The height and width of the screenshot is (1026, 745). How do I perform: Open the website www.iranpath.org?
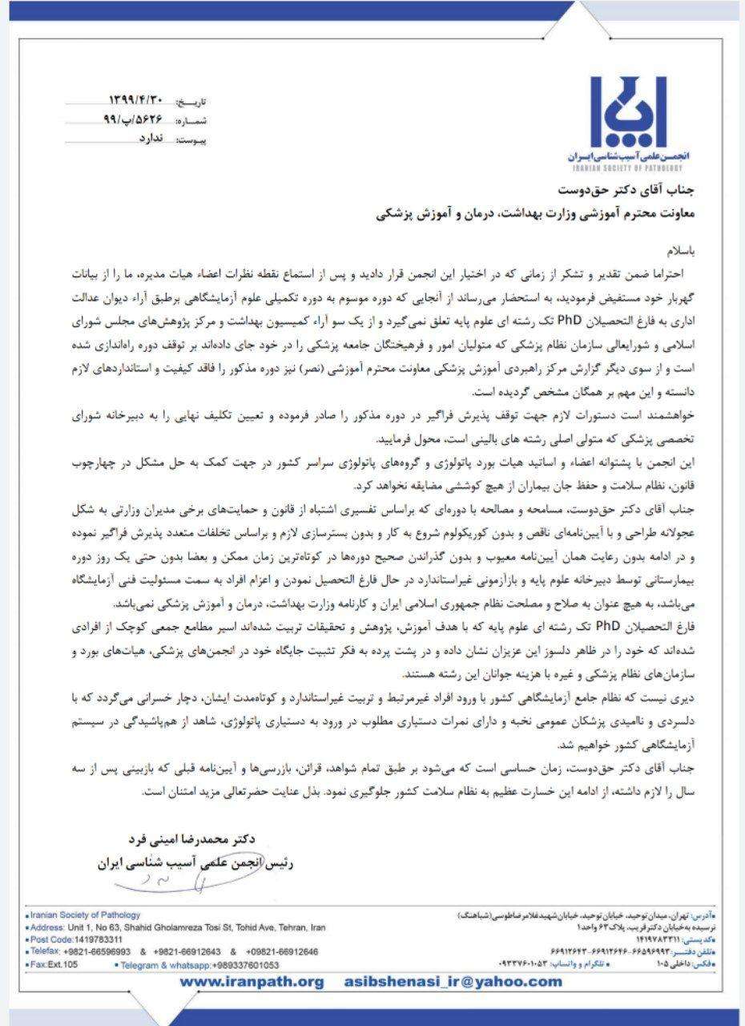252,982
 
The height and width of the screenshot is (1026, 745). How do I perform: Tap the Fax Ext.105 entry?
53,964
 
